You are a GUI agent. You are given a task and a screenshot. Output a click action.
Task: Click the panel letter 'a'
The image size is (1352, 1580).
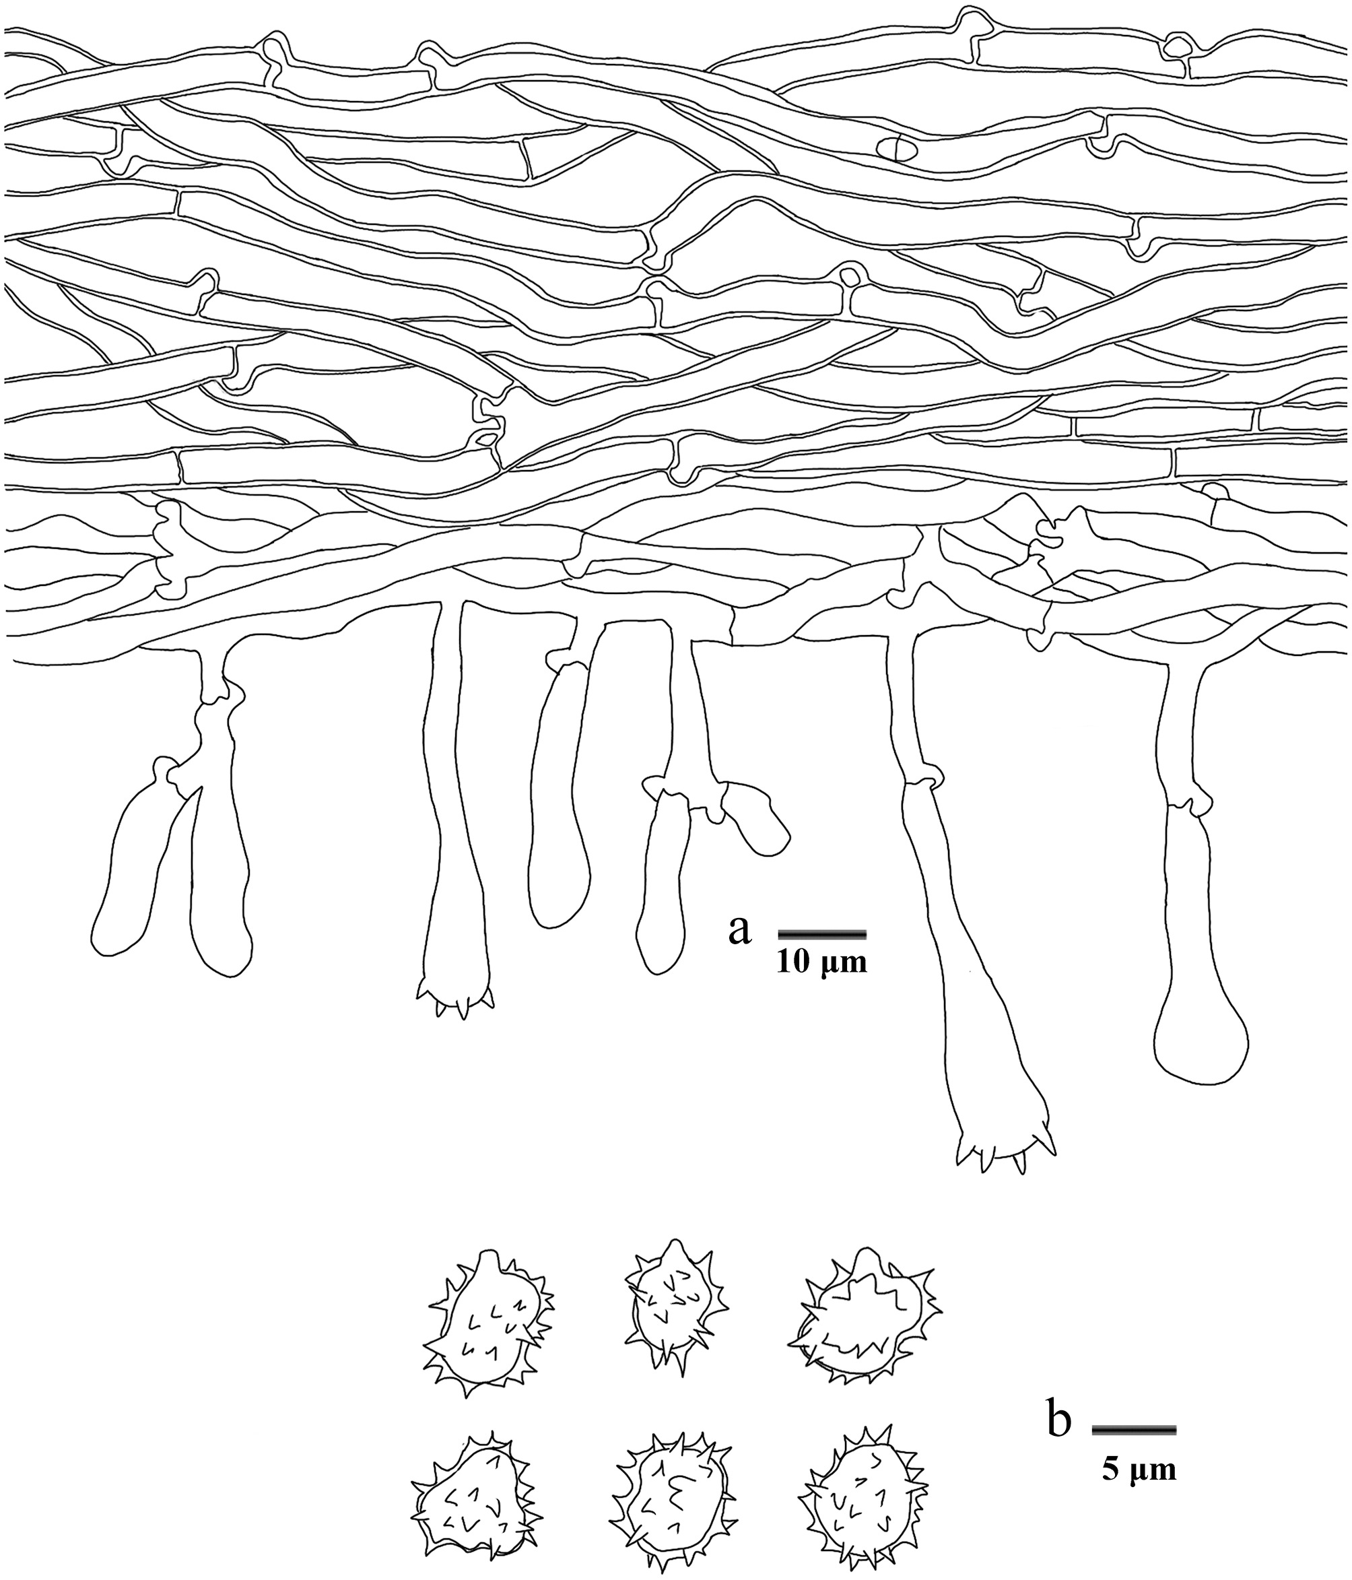point(740,930)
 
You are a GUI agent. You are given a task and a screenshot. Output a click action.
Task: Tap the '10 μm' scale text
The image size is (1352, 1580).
point(822,963)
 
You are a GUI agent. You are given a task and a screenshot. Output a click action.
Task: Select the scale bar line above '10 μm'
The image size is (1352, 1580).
point(822,933)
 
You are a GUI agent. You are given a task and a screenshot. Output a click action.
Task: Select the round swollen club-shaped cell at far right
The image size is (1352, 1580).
point(1201,1037)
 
